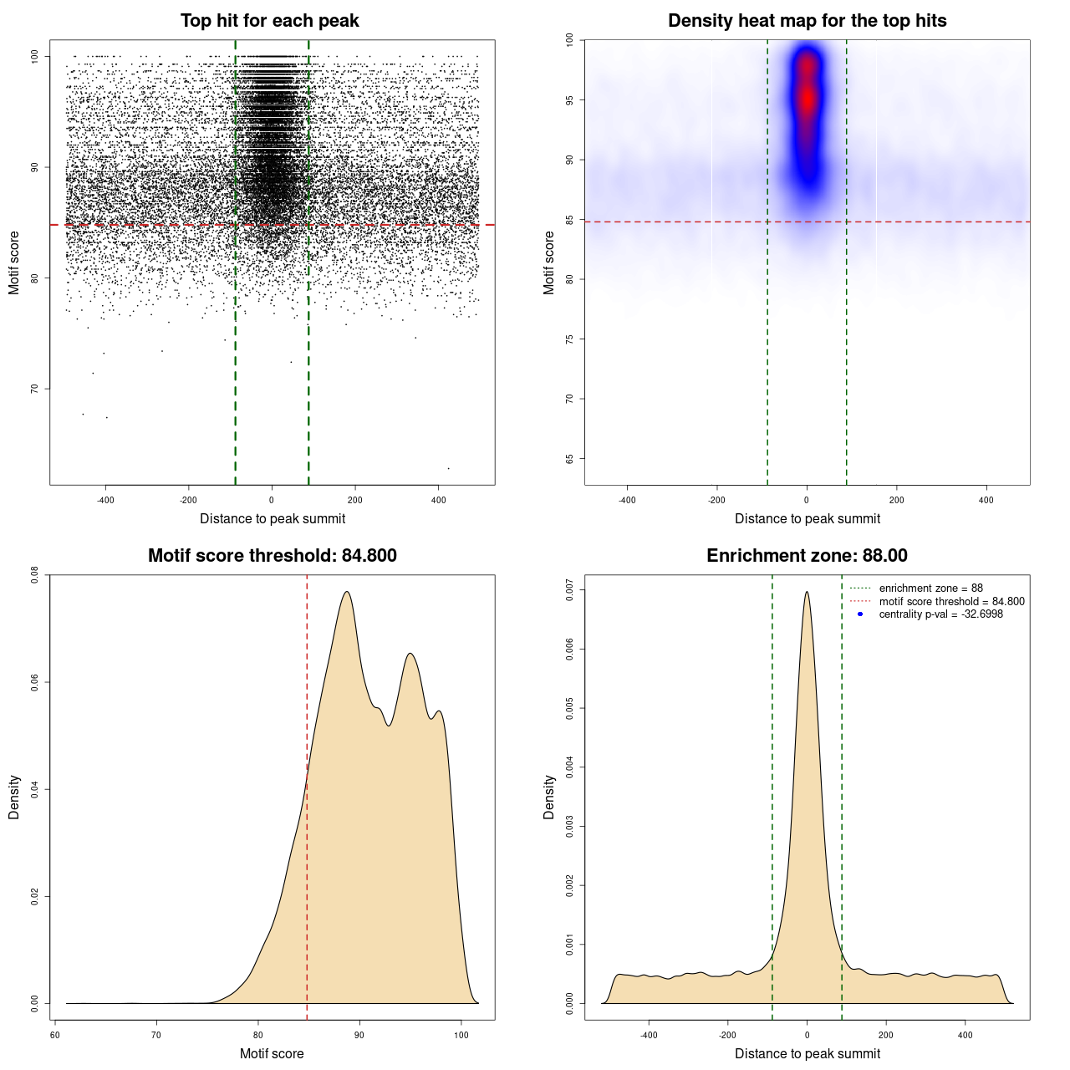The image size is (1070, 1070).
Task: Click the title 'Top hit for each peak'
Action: pos(270,21)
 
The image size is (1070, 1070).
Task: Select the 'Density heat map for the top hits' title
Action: pos(807,21)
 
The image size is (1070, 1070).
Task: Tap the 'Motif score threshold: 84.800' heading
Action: pos(272,556)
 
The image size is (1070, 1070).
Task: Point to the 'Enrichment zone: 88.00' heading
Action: pos(807,556)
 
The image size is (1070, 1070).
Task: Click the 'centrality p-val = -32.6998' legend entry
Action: pos(940,614)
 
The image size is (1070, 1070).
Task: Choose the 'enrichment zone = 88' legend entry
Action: pos(930,588)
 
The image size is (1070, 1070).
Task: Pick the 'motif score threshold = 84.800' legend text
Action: pos(951,602)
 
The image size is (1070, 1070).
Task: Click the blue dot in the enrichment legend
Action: pos(860,614)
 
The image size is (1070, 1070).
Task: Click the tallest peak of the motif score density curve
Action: pos(346,592)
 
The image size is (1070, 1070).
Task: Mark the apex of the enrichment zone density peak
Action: pos(807,592)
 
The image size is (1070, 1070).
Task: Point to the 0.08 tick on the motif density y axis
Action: pos(34,575)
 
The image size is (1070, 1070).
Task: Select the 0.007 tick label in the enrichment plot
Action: pos(569,590)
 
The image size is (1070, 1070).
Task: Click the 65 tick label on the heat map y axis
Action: pos(569,459)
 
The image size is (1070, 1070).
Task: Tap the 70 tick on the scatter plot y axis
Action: pos(34,389)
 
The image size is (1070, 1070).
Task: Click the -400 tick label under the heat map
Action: pos(627,500)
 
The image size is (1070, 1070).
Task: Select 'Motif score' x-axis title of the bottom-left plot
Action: pos(272,1053)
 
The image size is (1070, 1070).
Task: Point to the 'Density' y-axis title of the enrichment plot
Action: pos(549,797)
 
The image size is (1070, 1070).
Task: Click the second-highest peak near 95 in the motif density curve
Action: pos(410,654)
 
